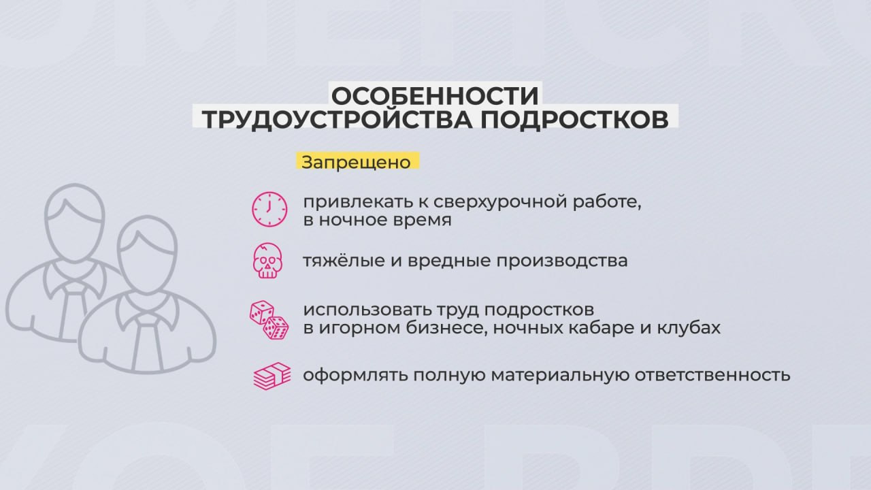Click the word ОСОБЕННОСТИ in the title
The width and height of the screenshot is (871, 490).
435,96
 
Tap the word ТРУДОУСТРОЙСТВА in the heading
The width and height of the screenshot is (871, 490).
337,119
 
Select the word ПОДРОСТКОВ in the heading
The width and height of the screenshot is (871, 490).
575,119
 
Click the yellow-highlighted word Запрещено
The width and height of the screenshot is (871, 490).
356,162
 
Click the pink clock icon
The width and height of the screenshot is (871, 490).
269,209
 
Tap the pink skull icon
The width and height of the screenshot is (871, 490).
267,261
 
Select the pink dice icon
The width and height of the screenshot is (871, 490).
269,320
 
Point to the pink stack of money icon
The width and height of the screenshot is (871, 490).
272,376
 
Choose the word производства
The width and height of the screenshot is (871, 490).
562,261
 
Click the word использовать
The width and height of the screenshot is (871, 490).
367,310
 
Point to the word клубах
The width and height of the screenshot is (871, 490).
689,327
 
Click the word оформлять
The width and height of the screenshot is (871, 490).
355,376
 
